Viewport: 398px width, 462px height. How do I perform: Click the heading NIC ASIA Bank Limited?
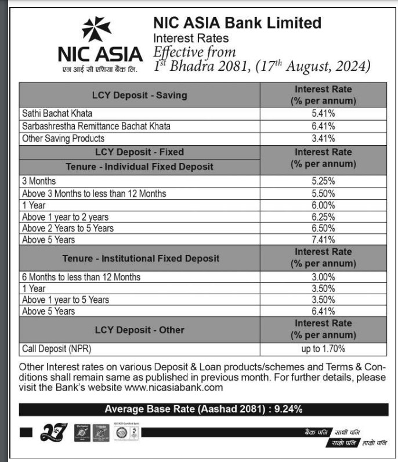237,23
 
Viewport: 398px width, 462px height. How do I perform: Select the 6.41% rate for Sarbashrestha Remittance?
323,125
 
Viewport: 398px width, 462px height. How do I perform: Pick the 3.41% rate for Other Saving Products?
323,138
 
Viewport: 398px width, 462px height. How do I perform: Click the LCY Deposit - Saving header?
140,95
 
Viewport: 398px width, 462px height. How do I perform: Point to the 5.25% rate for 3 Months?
323,181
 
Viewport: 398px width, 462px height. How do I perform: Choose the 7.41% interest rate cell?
323,239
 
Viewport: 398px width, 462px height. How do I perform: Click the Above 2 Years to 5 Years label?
68,228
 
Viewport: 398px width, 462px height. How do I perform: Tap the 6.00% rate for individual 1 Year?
323,205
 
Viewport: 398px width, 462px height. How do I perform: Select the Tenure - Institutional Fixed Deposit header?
141,258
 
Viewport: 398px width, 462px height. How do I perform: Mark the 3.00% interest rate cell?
323,277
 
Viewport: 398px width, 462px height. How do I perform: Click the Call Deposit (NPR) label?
56,349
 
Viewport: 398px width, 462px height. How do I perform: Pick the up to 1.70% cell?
323,349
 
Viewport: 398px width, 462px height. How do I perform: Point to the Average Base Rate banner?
203,410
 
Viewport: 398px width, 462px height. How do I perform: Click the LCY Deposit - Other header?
140,330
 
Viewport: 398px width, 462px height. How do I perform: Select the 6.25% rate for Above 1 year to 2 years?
323,216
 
